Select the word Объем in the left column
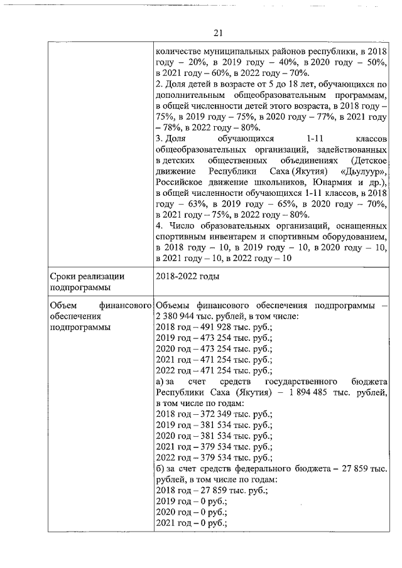tap(63, 305)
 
